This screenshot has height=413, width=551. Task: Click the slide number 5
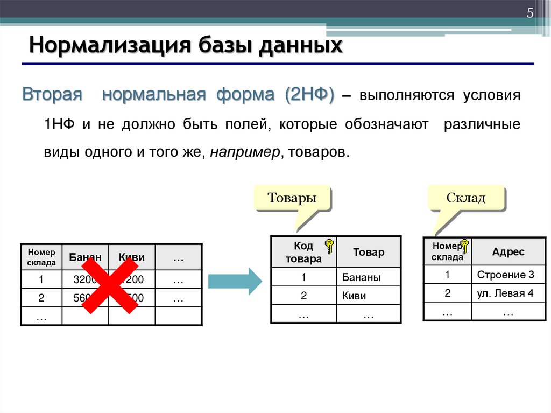point(529,13)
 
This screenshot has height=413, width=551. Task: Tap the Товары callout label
point(292,198)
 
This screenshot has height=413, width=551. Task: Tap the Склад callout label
point(466,198)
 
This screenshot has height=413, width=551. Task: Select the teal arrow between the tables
point(235,281)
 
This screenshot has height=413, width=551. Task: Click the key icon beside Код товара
point(329,246)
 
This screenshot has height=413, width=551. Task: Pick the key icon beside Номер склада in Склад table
point(464,247)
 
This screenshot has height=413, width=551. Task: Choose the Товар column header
point(369,252)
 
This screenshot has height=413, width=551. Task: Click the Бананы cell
point(361,278)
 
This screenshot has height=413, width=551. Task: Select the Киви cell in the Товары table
point(354,296)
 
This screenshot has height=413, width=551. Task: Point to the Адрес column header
point(508,251)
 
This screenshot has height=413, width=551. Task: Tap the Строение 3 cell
point(505,275)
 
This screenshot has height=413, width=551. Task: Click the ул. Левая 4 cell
point(505,293)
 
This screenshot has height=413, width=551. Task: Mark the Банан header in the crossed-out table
point(85,257)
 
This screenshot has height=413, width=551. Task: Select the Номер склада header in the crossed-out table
point(41,257)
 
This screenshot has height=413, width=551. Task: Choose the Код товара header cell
point(303,252)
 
